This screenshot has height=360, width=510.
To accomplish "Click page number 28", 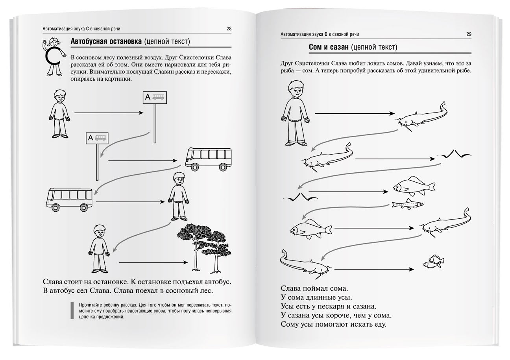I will tap(229, 29).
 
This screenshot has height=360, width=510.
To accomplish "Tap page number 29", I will tap(469, 34).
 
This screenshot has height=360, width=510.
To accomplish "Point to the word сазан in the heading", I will tap(339, 48).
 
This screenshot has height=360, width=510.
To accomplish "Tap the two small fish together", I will tap(433, 262).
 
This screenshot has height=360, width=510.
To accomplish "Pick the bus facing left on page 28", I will tap(69, 199).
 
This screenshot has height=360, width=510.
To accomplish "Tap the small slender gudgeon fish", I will tap(407, 203).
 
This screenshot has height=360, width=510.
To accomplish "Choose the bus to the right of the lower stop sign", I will tap(208, 159).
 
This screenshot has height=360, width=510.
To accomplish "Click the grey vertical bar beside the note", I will tap(72, 310).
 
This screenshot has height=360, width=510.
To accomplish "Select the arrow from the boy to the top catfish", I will tap(355, 114).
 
